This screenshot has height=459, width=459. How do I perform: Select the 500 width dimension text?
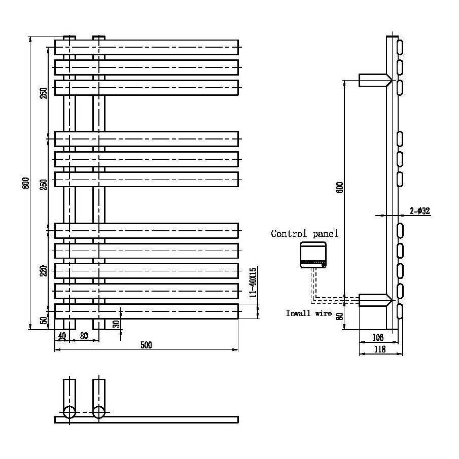point(146,345)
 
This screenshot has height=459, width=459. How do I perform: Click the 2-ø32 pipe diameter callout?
point(420,211)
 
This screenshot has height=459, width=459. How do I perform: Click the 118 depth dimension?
point(379,349)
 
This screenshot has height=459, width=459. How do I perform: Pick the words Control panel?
point(304,234)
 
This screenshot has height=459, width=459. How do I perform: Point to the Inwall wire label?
point(309,314)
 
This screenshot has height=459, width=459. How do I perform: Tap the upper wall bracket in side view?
point(374,80)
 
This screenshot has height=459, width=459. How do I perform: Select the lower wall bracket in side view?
point(374,300)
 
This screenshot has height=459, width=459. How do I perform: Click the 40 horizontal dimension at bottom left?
point(62,335)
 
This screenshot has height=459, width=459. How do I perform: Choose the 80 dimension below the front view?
point(84,335)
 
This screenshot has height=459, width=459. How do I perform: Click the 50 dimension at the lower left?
point(44,320)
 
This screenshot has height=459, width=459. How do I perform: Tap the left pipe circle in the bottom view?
point(69,412)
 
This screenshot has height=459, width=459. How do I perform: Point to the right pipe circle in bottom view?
point(99,412)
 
